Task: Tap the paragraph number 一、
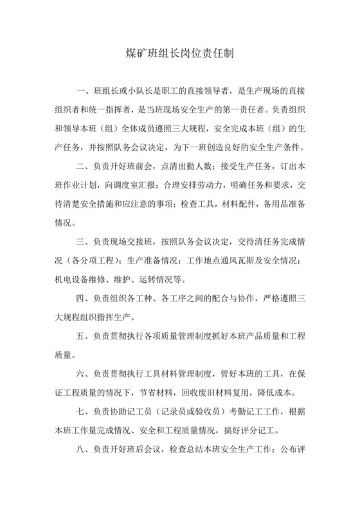pyautogui.click(x=84, y=89)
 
